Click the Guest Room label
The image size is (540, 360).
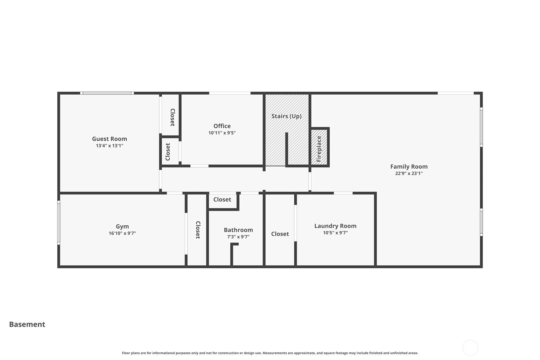109,139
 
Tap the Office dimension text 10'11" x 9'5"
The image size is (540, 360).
222,133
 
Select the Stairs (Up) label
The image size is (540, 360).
286,116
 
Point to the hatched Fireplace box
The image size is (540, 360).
319,147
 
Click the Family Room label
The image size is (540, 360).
409,166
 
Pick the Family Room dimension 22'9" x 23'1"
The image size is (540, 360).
409,173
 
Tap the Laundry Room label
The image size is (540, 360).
335,226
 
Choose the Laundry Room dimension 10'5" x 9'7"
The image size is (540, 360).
335,233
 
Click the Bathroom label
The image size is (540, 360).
238,230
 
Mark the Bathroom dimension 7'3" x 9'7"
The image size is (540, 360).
238,237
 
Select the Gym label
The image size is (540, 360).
122,227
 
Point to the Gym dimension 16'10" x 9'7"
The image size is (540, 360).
122,233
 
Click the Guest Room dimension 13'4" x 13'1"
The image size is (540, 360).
109,146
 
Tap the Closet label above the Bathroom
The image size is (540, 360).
222,200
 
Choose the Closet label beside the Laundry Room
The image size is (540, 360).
280,234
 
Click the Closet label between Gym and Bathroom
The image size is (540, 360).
198,230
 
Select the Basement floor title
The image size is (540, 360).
27,324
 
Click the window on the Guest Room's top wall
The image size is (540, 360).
107,93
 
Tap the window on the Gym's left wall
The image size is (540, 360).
59,222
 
